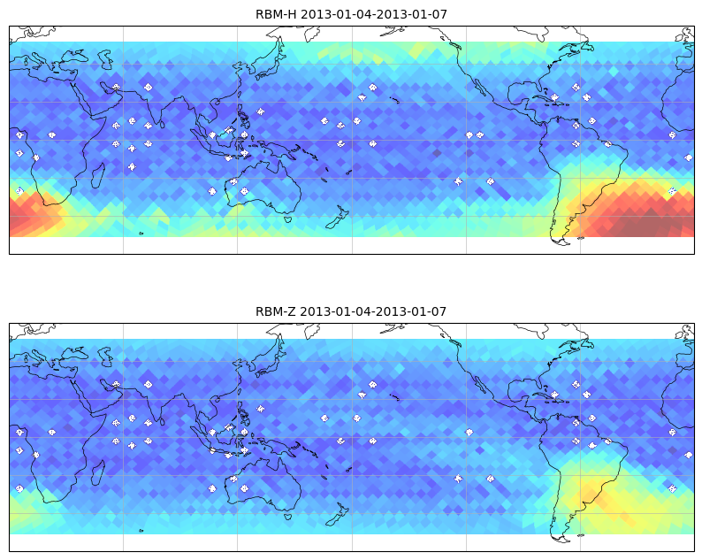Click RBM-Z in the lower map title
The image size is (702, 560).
click(275, 311)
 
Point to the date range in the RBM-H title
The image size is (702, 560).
click(373, 14)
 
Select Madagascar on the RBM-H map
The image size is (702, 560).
click(98, 175)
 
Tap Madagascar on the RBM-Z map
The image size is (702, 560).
click(98, 472)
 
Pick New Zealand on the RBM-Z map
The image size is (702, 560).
click(338, 515)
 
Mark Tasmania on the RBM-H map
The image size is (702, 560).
click(287, 219)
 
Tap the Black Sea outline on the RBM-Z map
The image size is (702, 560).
click(72, 353)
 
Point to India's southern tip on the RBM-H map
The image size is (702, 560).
click(158, 124)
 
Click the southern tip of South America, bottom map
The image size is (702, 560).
click(562, 539)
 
